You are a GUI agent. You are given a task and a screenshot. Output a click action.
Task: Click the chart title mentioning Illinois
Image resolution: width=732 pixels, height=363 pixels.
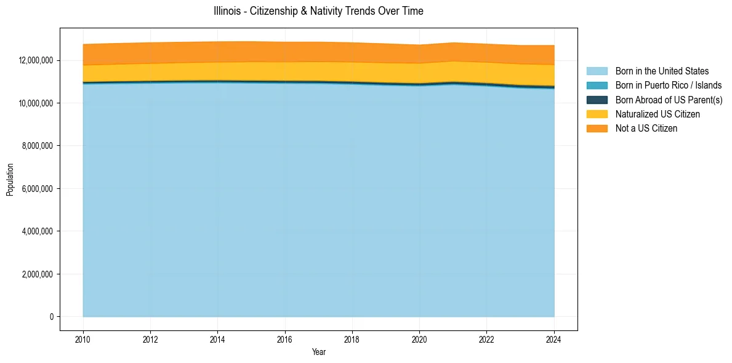point(318,11)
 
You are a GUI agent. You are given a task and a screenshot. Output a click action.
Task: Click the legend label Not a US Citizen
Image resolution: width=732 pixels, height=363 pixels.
point(646,129)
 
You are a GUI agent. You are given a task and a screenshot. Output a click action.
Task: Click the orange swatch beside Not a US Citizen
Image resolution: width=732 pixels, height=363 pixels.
point(597,129)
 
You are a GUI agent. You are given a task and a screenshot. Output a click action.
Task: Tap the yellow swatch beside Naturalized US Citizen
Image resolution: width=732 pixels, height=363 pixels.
point(597,114)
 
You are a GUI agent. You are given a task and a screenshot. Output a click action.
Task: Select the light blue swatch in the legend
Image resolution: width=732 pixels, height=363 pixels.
point(597,71)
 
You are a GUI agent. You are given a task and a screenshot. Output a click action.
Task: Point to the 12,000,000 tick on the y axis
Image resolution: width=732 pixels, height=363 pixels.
point(36,60)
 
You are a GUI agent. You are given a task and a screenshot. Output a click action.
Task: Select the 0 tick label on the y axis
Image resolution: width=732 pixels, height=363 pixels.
point(52,317)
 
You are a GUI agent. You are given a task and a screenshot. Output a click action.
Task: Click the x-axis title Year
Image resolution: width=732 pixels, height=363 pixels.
point(318,353)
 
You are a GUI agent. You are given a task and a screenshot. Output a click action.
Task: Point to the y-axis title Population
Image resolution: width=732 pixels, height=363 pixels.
point(10,180)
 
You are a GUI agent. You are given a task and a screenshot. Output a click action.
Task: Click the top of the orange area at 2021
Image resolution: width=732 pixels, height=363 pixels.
point(453,43)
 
